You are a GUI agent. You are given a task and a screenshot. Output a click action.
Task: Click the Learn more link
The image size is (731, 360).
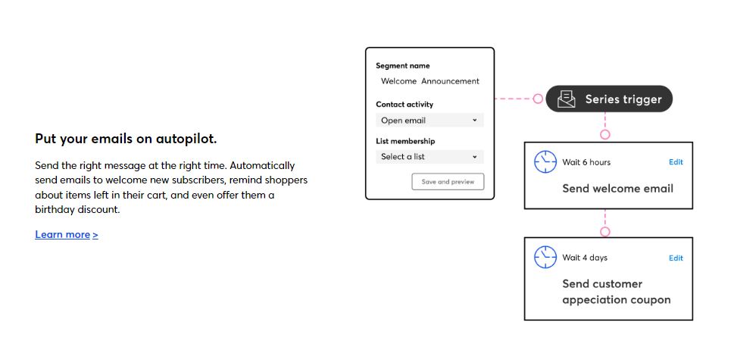(x=67, y=234)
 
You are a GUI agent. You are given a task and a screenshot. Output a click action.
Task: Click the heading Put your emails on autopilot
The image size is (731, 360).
(x=126, y=139)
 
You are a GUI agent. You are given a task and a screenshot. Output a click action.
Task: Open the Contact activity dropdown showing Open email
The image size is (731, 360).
(x=430, y=121)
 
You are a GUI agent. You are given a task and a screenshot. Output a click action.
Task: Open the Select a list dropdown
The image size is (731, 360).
(x=430, y=157)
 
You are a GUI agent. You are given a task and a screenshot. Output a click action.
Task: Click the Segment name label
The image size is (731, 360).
(x=403, y=66)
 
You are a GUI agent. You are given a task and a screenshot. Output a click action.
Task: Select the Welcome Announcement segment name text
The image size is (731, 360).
(x=430, y=81)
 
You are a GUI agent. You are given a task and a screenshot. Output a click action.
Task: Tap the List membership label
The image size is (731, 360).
(x=405, y=141)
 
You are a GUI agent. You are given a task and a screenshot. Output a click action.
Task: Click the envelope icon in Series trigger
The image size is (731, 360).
(x=567, y=99)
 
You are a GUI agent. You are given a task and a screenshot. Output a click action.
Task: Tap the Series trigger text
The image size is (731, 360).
(x=623, y=99)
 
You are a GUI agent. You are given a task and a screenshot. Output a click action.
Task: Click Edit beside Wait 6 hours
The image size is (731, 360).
(x=676, y=162)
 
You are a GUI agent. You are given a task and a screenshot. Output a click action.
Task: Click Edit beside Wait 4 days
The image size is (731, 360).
(x=676, y=258)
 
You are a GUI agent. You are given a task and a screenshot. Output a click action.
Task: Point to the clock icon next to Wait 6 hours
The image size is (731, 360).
(x=545, y=162)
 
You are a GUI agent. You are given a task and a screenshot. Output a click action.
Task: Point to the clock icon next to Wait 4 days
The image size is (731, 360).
(x=545, y=258)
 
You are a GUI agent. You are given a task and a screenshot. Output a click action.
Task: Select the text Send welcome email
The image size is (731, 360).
(x=617, y=189)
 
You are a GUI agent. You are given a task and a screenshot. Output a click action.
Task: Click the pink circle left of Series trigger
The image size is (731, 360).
(x=538, y=99)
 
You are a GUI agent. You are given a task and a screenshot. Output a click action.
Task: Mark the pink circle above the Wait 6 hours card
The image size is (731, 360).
(x=605, y=135)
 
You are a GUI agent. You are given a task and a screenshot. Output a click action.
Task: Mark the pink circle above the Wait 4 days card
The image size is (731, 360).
(x=605, y=232)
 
